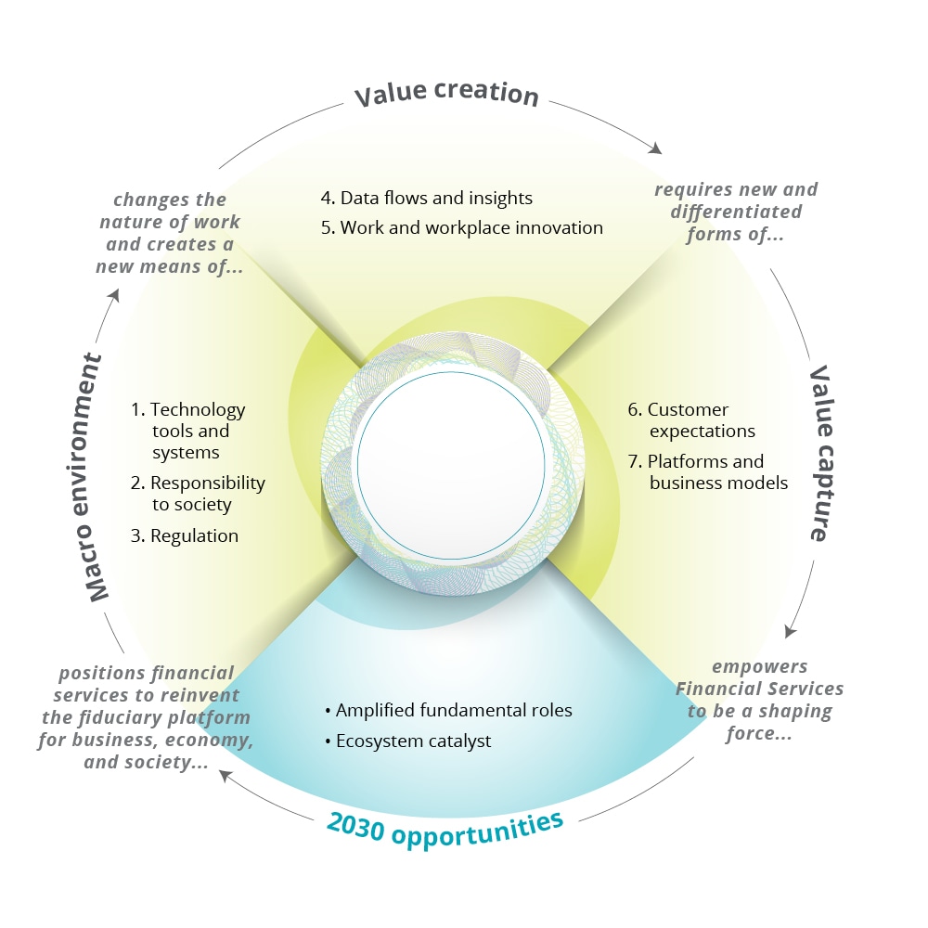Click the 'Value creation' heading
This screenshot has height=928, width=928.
(x=446, y=95)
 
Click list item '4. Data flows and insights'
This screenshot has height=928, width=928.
(x=427, y=198)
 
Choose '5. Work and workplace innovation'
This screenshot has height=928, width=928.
(x=462, y=227)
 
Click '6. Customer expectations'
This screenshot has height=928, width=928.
(x=691, y=420)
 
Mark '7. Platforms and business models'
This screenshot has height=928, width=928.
(x=708, y=471)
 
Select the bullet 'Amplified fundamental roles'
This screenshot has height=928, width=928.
(x=448, y=710)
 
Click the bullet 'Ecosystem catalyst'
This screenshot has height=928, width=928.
(x=407, y=741)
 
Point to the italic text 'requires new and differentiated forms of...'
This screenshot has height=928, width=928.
(x=736, y=212)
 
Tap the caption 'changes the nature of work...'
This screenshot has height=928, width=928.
(x=168, y=232)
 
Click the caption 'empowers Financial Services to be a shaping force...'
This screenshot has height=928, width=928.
(x=759, y=700)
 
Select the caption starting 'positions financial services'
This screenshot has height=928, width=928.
(x=147, y=717)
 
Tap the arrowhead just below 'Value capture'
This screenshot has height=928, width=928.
(x=790, y=631)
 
